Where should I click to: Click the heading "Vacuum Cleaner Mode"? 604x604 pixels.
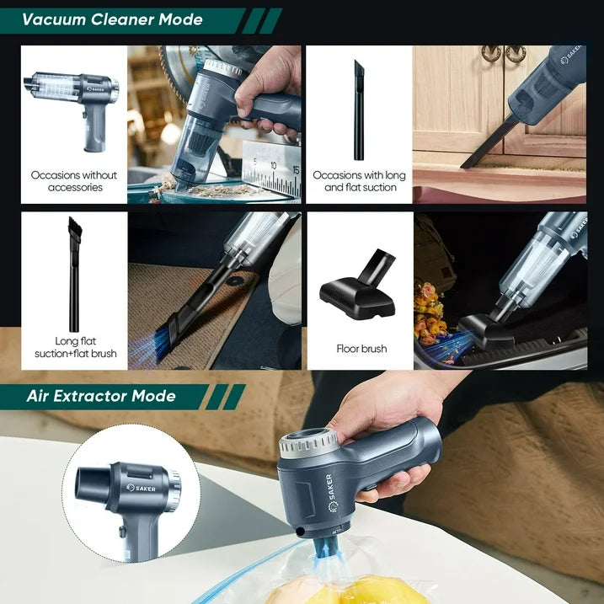point(112,19)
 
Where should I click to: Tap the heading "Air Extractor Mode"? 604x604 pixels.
point(100,396)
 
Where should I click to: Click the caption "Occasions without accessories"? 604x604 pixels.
point(75,181)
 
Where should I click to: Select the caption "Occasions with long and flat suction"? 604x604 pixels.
point(360,181)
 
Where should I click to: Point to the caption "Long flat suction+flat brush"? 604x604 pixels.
point(75,348)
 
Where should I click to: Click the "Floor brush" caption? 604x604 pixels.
point(361,348)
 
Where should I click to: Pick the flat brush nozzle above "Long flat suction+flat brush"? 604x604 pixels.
point(74,270)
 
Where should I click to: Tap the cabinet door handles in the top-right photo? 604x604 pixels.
point(504,52)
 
